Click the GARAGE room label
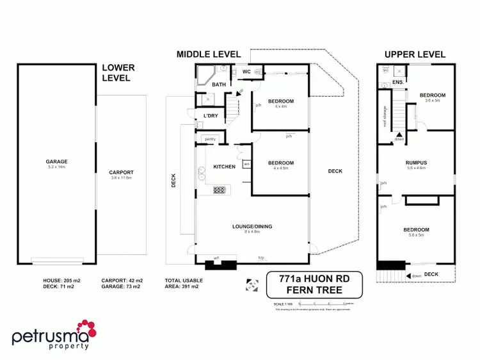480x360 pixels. tap(56, 161)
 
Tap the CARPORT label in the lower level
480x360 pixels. tap(120, 172)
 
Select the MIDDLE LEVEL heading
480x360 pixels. tap(209, 54)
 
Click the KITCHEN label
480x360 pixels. tap(224, 167)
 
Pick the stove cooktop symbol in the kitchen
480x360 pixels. tap(220, 190)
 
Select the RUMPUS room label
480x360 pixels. tap(416, 163)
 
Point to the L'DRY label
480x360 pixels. tap(211, 115)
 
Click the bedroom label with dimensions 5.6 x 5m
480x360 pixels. tap(416, 229)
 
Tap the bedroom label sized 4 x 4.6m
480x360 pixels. tap(280, 165)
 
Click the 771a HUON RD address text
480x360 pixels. tap(314, 279)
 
